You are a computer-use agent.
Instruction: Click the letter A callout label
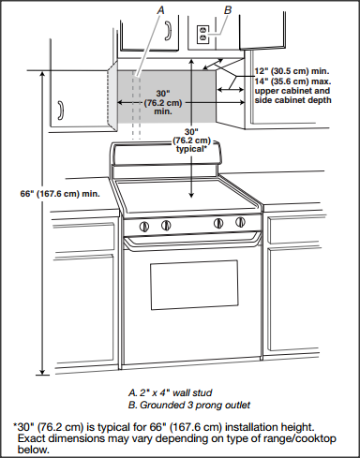[x=162, y=8]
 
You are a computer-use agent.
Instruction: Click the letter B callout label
[x=227, y=9]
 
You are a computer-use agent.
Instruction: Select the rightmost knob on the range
[x=241, y=223]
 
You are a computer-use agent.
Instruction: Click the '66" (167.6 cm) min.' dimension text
[x=59, y=194]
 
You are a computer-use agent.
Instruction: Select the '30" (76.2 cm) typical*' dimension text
[x=192, y=140]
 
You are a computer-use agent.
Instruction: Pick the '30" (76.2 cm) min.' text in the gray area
[x=163, y=102]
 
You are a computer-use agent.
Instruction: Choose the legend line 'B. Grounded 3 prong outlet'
[x=189, y=405]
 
